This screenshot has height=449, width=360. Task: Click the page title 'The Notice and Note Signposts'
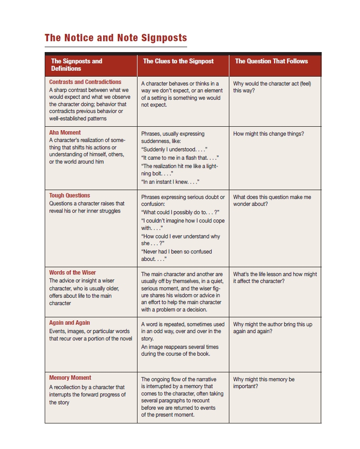(115, 38)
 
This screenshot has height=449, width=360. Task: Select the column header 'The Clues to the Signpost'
(178, 61)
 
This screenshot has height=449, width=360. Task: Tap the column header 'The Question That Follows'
(271, 61)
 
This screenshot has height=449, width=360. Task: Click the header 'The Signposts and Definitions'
(77, 65)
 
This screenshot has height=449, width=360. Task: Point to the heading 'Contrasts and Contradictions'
(85, 82)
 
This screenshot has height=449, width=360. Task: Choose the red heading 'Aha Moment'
(65, 133)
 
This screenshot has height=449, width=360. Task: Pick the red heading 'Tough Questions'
(70, 196)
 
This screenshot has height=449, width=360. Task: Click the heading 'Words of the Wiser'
(73, 273)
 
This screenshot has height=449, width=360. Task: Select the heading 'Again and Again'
(70, 323)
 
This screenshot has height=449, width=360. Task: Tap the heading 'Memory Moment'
(70, 378)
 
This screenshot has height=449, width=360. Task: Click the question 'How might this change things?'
(269, 134)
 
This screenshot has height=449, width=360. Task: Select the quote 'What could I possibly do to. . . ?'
(180, 213)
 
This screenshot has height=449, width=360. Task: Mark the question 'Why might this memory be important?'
(264, 383)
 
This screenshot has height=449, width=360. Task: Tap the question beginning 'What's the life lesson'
(275, 278)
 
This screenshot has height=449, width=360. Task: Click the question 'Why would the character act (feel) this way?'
(272, 87)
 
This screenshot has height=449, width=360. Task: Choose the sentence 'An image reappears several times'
(180, 347)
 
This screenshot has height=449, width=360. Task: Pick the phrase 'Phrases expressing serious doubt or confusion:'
(183, 201)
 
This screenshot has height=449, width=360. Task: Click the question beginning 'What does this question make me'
(272, 200)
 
